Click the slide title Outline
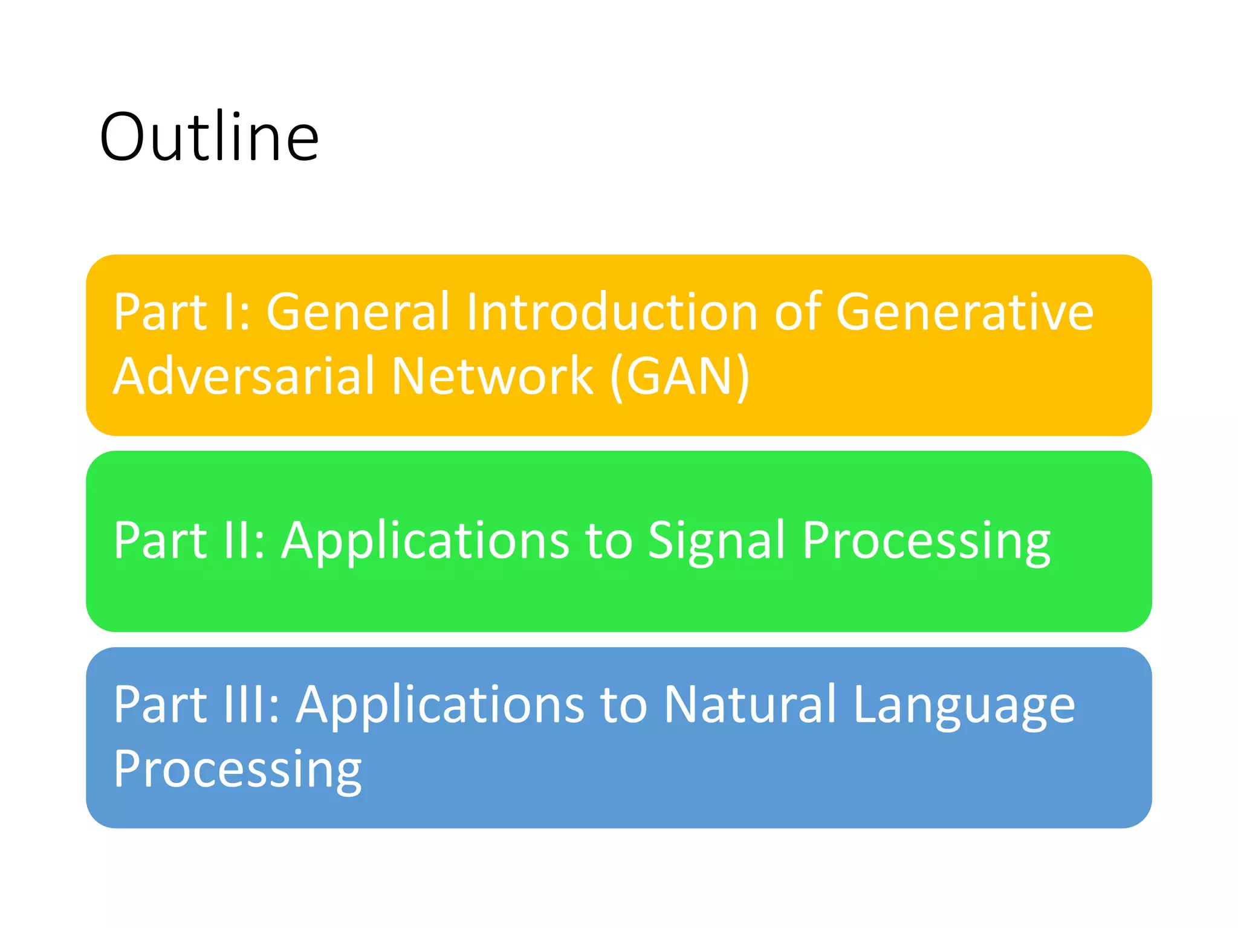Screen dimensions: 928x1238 (x=209, y=138)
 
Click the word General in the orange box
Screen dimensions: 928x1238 (x=358, y=312)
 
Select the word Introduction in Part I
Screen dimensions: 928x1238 (x=612, y=312)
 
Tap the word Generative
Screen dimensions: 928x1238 (x=965, y=312)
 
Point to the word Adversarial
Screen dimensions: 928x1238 (x=244, y=376)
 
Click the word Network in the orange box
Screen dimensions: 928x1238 (x=493, y=376)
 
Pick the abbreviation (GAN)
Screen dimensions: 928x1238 (x=680, y=377)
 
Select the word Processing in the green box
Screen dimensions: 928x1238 (x=926, y=541)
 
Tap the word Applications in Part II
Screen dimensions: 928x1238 (x=426, y=541)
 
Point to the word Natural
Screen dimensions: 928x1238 (x=750, y=704)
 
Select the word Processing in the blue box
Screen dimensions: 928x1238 (x=238, y=770)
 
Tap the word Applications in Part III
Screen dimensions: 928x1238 (x=441, y=706)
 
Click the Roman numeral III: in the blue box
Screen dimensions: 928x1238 (x=251, y=704)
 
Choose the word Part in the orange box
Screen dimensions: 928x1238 (x=160, y=312)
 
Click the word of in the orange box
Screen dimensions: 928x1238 (x=797, y=312)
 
